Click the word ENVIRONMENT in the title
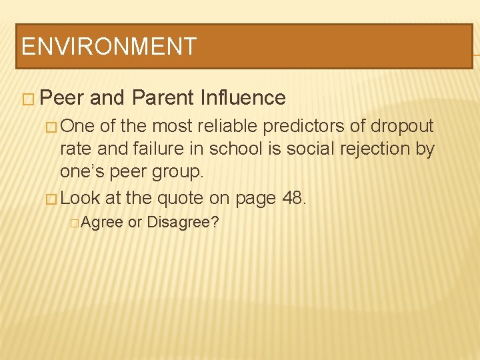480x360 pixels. click(109, 47)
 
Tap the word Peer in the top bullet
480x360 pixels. click(61, 98)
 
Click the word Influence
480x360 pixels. click(243, 98)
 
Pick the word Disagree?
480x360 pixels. click(183, 223)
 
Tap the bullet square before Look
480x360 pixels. click(52, 198)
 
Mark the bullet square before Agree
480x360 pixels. click(73, 223)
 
